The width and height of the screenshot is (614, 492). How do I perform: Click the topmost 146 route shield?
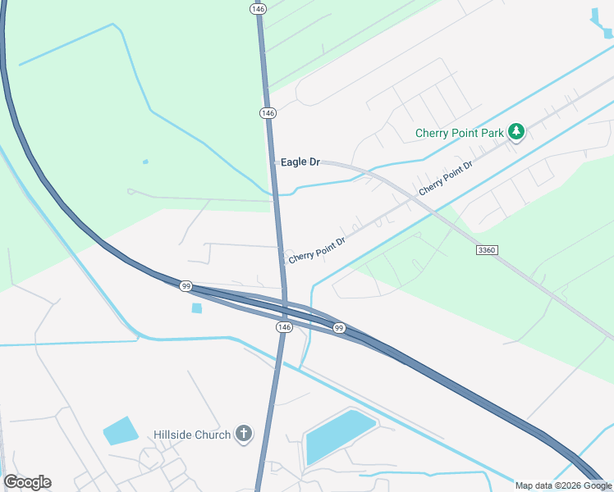click(259, 8)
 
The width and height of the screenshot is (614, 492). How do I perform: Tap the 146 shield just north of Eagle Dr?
click(268, 112)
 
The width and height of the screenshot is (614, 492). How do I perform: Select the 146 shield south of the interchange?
click(284, 326)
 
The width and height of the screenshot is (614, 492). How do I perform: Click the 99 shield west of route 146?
click(186, 286)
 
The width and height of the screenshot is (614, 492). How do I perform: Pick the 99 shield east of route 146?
click(339, 328)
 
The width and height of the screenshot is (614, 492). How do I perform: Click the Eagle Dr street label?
click(300, 162)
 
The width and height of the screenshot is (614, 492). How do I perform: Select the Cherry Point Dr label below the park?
click(446, 178)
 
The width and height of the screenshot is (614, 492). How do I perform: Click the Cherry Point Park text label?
click(459, 133)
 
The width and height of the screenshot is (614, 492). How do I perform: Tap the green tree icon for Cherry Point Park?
click(515, 132)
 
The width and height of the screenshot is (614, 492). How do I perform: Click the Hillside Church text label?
click(192, 435)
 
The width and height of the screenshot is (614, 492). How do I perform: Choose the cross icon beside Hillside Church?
click(243, 434)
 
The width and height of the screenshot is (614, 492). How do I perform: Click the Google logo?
click(27, 482)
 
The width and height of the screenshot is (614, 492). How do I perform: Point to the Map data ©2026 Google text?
click(563, 485)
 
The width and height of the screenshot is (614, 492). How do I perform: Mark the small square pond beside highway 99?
click(196, 308)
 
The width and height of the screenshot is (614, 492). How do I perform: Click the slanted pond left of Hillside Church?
click(120, 430)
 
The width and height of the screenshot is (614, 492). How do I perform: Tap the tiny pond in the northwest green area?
click(145, 162)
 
